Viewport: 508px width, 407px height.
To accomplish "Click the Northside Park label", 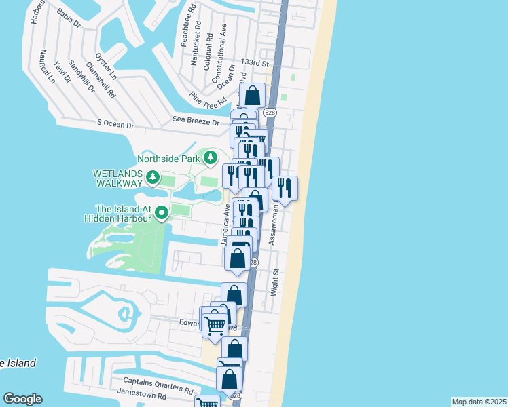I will click(x=168, y=159).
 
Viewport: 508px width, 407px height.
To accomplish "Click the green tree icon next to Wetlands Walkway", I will click(x=153, y=178).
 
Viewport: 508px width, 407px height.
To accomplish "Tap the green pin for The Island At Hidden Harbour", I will click(x=162, y=214).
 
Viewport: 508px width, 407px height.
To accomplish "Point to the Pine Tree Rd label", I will click(x=208, y=100).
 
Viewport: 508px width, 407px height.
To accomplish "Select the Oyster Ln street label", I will click(x=106, y=66).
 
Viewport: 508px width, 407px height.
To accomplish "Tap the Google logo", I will click(x=22, y=399).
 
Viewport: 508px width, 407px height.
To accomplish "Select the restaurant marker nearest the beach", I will click(x=285, y=187).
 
